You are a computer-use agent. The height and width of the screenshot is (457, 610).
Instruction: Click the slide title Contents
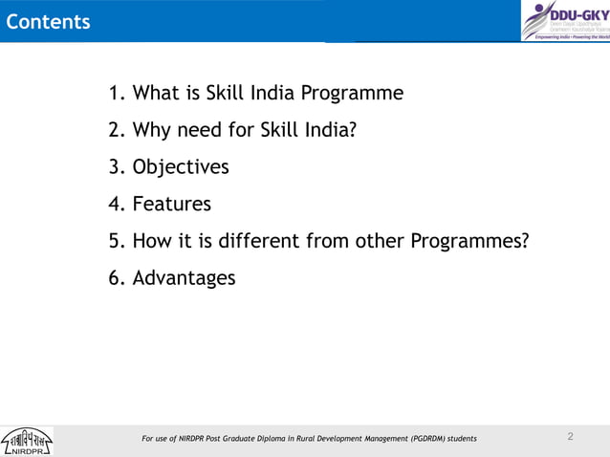48,21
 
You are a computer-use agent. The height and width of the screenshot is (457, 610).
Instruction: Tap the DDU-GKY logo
565,20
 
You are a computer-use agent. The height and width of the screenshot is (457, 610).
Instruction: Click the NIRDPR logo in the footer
27,441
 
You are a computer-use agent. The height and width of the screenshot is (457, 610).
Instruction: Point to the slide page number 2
570,437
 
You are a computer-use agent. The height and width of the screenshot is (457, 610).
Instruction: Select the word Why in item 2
152,130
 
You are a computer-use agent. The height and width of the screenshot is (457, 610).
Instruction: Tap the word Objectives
181,167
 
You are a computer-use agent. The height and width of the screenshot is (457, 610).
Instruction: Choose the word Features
171,204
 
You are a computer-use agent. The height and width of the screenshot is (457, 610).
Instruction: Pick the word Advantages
184,278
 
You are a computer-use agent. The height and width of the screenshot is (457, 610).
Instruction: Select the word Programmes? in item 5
469,241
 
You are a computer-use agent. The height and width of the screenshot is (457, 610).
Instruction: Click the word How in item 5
152,241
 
